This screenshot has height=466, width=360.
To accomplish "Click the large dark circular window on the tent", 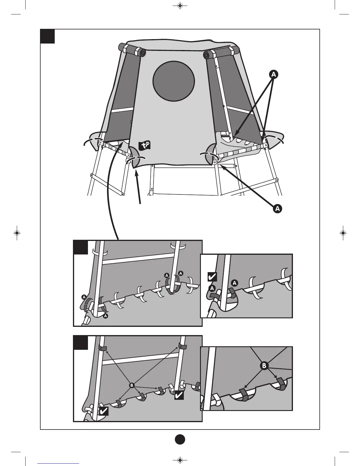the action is [x=174, y=81].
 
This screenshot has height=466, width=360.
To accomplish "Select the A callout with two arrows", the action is [x=274, y=75].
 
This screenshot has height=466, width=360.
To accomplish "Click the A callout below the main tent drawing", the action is [x=277, y=209].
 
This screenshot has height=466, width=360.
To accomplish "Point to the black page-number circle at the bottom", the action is [x=180, y=439].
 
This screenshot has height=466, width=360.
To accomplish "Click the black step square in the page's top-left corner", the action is [x=47, y=36].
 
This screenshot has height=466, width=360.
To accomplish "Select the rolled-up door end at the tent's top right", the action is [x=208, y=55].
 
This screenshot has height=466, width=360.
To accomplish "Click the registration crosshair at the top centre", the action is [x=180, y=6].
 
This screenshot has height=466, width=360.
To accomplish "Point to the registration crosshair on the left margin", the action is [x=17, y=233].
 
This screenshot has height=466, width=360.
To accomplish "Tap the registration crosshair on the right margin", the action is [x=343, y=233].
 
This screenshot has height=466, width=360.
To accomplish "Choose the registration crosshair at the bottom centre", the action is [x=180, y=460].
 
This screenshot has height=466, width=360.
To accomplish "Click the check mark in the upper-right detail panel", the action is [x=212, y=277].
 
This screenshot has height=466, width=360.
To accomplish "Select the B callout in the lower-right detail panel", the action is [x=264, y=366].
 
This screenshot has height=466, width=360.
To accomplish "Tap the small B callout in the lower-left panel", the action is [x=131, y=385].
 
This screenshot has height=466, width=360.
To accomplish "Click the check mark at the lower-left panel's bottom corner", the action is [x=104, y=411].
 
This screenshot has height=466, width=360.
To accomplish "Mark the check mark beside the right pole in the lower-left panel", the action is [x=179, y=395].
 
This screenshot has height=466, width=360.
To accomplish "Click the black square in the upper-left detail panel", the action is [x=81, y=247].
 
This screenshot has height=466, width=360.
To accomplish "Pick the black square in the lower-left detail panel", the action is [x=81, y=343].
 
